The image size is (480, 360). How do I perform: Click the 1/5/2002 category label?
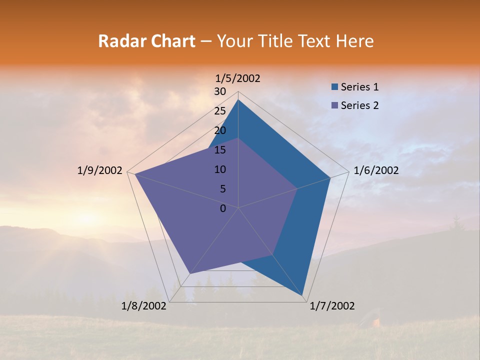pyautogui.click(x=238, y=78)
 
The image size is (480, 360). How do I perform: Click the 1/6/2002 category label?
pyautogui.click(x=376, y=170)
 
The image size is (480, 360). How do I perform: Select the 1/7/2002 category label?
pyautogui.click(x=332, y=306)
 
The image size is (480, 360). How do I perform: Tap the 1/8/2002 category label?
pyautogui.click(x=144, y=306)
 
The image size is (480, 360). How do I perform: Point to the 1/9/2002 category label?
pyautogui.click(x=100, y=170)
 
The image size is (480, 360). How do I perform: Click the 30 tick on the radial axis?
pyautogui.click(x=220, y=91)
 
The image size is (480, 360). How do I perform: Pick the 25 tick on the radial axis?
pyautogui.click(x=220, y=111)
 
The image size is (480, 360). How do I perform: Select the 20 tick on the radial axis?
pyautogui.click(x=220, y=130)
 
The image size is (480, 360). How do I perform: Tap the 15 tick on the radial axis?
pyautogui.click(x=220, y=150)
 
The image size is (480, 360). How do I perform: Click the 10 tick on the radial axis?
pyautogui.click(x=220, y=169)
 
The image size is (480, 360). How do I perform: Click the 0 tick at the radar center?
pyautogui.click(x=223, y=208)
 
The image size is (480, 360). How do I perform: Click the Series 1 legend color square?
pyautogui.click(x=335, y=87)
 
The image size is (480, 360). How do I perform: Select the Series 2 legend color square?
pyautogui.click(x=335, y=105)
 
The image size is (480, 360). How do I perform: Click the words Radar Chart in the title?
pyautogui.click(x=146, y=41)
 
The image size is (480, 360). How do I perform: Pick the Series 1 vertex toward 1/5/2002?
pyautogui.click(x=238, y=99)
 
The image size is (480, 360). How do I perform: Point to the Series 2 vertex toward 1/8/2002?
pyautogui.click(x=190, y=274)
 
